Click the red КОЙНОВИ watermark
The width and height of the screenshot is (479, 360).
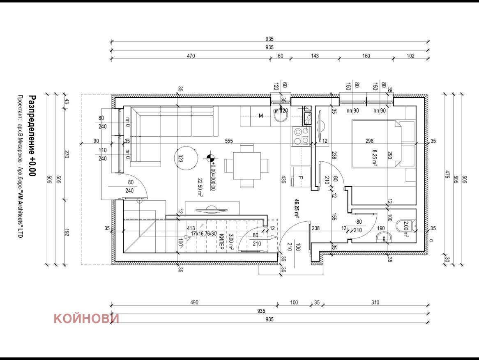(86, 319)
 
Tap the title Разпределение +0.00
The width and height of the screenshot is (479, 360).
(32, 136)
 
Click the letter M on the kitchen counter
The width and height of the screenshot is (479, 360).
(260, 116)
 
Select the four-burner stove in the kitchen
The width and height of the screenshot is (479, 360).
(301, 136)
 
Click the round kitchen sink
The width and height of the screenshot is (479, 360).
(281, 118)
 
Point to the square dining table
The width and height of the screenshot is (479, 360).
(247, 165)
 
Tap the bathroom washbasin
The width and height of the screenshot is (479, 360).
(385, 236)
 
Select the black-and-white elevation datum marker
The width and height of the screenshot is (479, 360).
(211, 158)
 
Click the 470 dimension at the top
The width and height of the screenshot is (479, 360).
(191, 56)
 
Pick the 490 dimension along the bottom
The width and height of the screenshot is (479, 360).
(194, 303)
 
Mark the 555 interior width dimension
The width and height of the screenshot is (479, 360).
(229, 141)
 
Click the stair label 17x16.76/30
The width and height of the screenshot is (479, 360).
(204, 234)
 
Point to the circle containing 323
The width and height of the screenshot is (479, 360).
(185, 158)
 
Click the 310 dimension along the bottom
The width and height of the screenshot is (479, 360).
(375, 303)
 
